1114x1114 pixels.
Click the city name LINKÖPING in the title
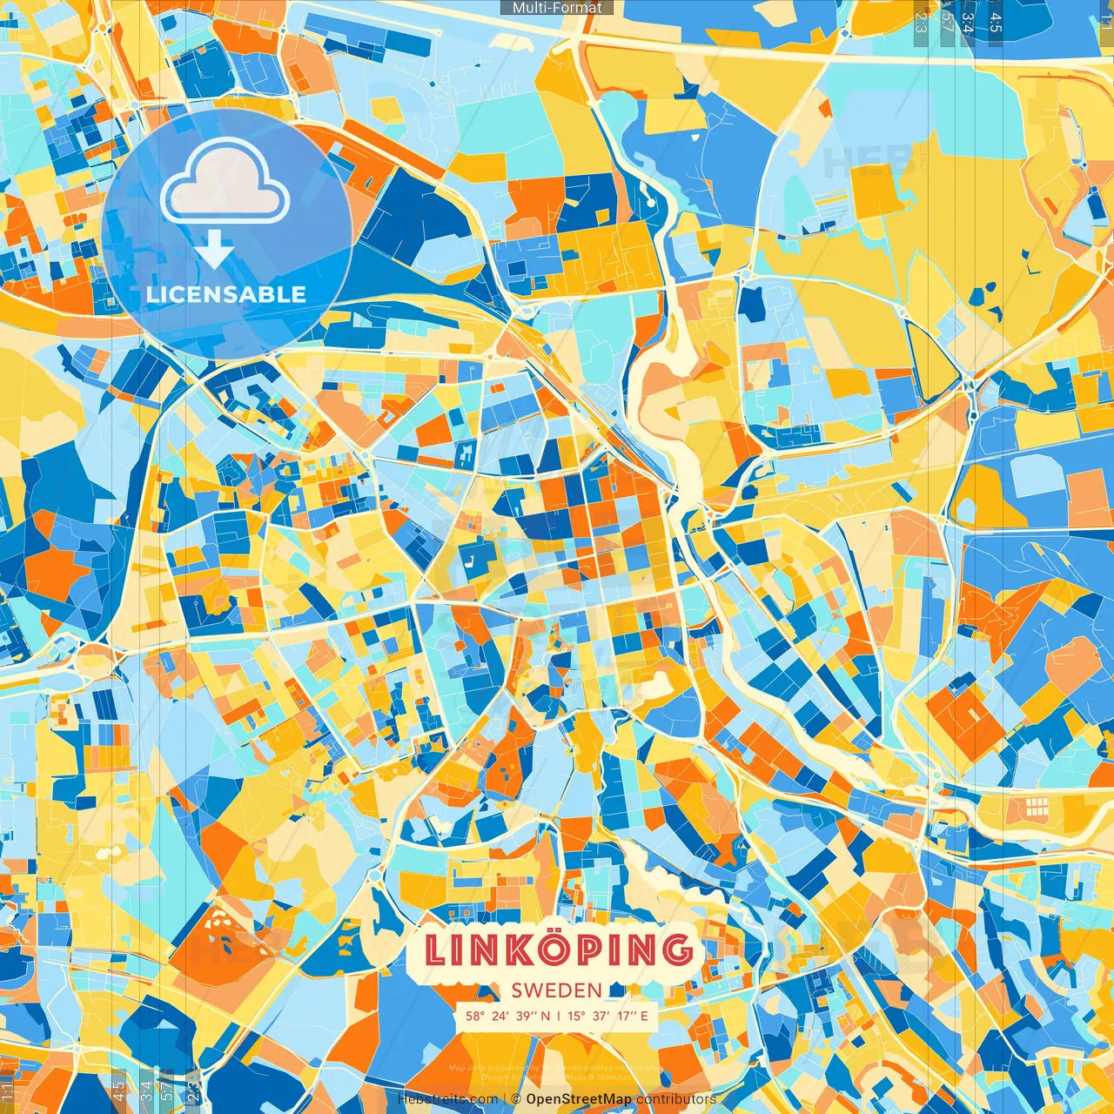558,950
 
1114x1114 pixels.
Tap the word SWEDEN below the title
557,990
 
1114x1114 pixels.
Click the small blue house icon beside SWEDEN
617,990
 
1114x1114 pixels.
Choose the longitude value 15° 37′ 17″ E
608,1016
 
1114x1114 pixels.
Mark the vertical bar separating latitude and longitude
559,1016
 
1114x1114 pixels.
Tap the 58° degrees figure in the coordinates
475,1016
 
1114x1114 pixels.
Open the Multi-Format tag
557,7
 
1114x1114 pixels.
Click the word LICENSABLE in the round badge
226,294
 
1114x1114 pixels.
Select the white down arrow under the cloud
214,250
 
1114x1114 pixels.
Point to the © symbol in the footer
516,1099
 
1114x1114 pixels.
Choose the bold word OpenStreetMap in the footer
579,1099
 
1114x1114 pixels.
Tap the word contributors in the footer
676,1099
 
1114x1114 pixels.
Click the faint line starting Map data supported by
554,1067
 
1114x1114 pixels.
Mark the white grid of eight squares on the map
1036,805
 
